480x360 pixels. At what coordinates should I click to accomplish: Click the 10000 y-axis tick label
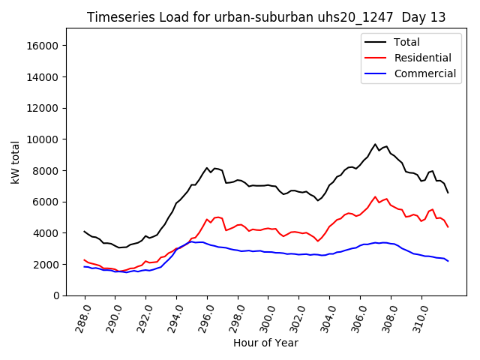click(43, 139)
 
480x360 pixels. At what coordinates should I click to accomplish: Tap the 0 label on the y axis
click(56, 295)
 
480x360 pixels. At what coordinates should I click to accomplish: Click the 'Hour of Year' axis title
click(265, 343)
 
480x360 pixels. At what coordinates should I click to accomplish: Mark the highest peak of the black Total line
click(375, 144)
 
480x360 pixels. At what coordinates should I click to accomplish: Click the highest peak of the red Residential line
click(375, 196)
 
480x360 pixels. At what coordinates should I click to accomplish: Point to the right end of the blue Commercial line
click(448, 261)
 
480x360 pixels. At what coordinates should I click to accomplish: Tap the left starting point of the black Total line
click(84, 232)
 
